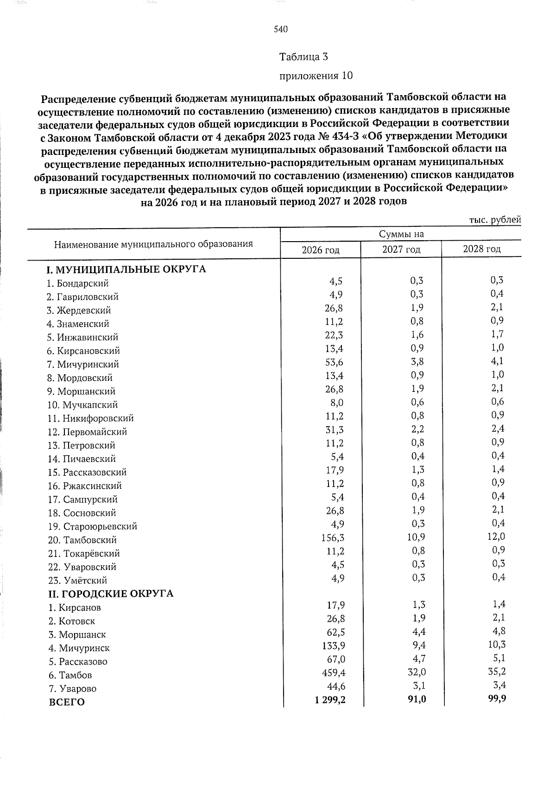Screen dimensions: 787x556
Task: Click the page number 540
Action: pos(281,30)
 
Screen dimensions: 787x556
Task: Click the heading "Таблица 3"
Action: pos(304,57)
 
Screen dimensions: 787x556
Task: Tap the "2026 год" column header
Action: pos(321,250)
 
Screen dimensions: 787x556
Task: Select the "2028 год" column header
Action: pos(482,249)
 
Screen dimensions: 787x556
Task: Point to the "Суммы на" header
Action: pos(401,234)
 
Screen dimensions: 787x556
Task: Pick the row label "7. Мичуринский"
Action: pos(83,365)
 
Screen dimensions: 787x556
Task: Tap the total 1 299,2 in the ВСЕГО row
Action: pos(330,701)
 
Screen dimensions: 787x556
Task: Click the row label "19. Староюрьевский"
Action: pos(93,526)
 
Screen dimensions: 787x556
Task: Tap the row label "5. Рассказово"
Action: pos(78,661)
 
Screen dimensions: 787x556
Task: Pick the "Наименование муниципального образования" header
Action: pos(153,244)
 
